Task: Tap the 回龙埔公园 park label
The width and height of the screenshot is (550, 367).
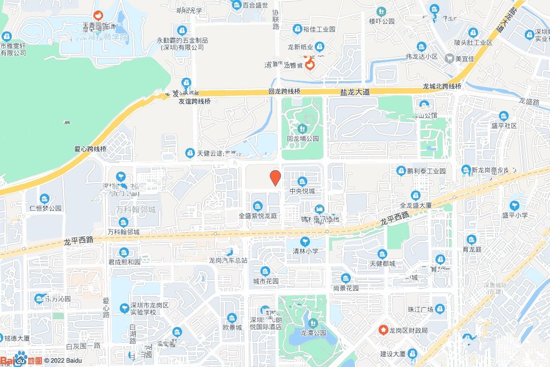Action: pos(303,138)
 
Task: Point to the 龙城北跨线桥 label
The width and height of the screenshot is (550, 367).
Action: pos(442,86)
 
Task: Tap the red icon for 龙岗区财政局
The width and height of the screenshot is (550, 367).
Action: pos(383,329)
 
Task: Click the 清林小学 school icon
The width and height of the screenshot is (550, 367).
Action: pos(306,241)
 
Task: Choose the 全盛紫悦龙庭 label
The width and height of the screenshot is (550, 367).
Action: pos(258,215)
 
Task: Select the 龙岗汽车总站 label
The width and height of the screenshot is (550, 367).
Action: pos(228,260)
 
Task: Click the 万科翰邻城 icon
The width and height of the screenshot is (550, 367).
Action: pos(124,222)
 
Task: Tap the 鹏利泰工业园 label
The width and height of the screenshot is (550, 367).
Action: pos(426,171)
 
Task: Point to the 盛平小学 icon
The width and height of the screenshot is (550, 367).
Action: pos(515,205)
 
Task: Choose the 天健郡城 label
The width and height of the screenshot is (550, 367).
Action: pos(382,263)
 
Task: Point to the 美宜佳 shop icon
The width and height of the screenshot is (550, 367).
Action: pos(449,59)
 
